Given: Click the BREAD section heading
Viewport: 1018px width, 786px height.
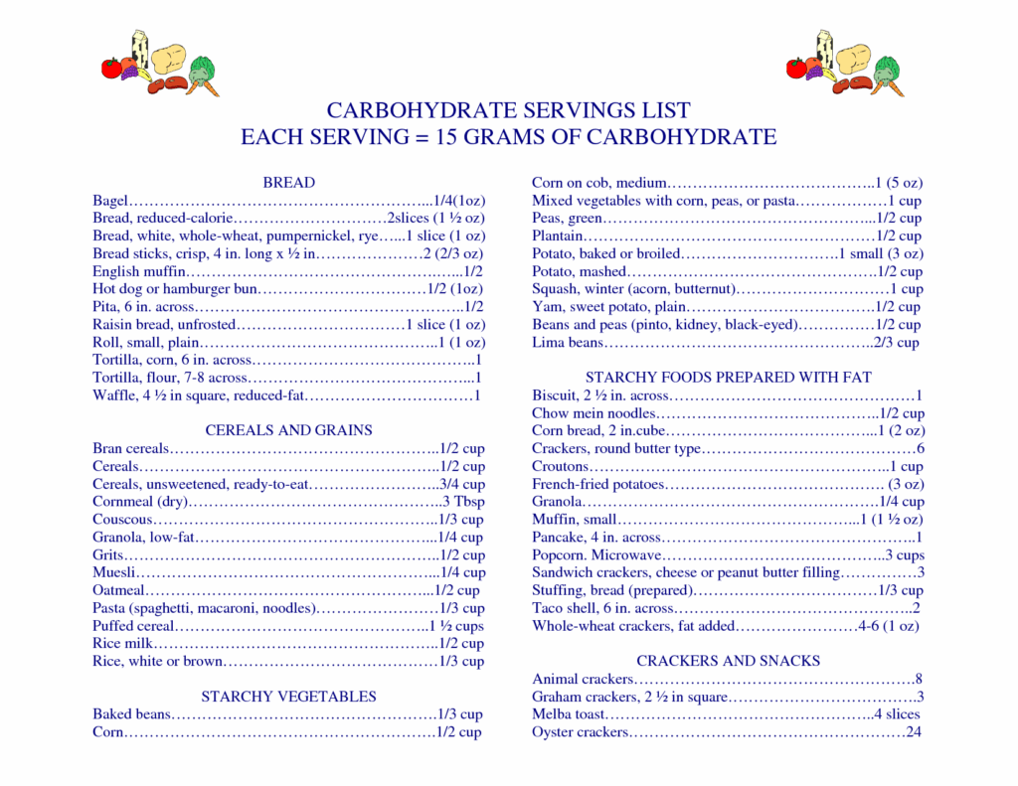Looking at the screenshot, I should pyautogui.click(x=288, y=183).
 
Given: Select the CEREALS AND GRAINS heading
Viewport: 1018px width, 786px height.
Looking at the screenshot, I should pyautogui.click(x=288, y=430).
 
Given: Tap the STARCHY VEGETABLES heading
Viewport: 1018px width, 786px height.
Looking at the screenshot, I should pyautogui.click(x=288, y=697).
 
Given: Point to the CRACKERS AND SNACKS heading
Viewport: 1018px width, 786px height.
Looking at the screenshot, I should pyautogui.click(x=729, y=661).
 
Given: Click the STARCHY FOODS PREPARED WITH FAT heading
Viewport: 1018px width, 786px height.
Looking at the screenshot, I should pyautogui.click(x=729, y=378).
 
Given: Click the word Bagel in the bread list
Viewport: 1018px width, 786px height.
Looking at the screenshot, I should pyautogui.click(x=110, y=201).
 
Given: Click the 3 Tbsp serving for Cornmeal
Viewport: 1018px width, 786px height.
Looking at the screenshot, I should pyautogui.click(x=463, y=502).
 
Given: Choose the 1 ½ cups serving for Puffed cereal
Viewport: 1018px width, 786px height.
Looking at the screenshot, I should pyautogui.click(x=457, y=626).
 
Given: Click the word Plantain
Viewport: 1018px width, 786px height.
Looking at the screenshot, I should pyautogui.click(x=558, y=236).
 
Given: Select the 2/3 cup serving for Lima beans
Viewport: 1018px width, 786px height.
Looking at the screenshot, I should pyautogui.click(x=897, y=343).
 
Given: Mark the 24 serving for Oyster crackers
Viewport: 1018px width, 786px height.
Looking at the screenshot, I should pyautogui.click(x=914, y=732).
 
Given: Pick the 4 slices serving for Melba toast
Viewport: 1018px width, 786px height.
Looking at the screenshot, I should pyautogui.click(x=897, y=714).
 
